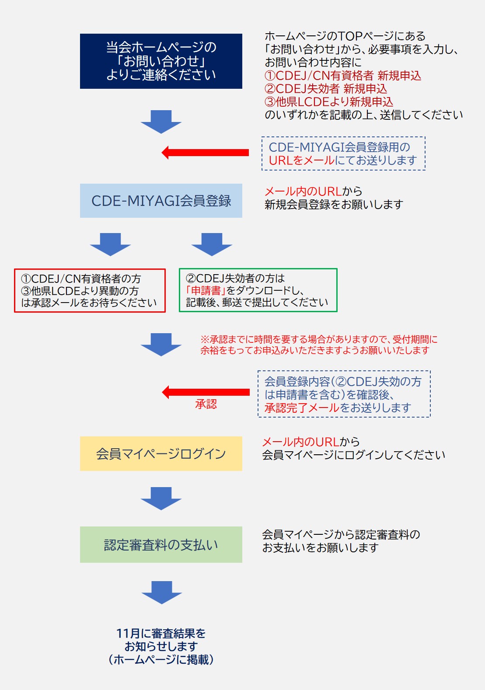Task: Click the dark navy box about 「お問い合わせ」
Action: coord(161,61)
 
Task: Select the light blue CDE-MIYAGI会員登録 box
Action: coord(161,201)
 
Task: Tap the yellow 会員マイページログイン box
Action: coord(161,453)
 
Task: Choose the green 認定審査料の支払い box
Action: coord(161,544)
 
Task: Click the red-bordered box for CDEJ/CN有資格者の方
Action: coord(90,290)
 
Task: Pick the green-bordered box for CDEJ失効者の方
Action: coord(258,290)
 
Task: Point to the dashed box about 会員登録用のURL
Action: coord(343,153)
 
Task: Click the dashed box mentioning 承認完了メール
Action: coord(344,394)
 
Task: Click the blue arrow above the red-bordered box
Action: coord(110,244)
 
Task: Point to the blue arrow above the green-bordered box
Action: coord(212,244)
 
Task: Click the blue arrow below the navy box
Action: coord(161,122)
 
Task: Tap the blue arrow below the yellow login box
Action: coord(161,498)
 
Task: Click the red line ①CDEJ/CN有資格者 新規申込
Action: coord(343,76)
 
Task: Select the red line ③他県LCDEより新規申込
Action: coord(329,102)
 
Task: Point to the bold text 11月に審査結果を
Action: coord(161,633)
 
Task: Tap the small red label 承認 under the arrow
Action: coord(206,404)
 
